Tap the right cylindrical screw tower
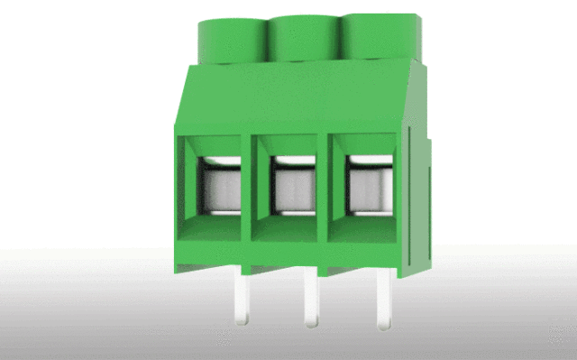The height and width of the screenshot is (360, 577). (371, 36)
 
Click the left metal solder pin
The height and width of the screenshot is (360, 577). (241, 298)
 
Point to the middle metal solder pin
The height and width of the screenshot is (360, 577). (311, 298)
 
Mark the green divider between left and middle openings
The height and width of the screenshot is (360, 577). (255, 180)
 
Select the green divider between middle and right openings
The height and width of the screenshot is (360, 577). (330, 180)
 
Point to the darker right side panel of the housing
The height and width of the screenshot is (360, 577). (419, 180)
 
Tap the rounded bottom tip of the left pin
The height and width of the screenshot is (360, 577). (241, 320)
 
